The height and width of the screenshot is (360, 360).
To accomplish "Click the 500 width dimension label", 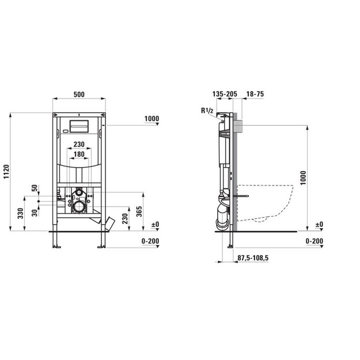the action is pos(79,94).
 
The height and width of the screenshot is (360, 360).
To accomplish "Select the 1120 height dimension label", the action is pos(6,172).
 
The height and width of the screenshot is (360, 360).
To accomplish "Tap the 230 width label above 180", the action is pos(79,145).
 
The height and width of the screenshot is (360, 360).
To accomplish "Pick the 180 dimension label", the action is pos(79,154).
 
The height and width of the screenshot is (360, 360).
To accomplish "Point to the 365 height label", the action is pos(139,211).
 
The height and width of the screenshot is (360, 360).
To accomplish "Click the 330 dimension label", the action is pos(21,213).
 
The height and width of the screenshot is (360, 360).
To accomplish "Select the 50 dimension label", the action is pos(35,188).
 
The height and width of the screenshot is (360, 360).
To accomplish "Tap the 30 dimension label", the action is pos(35,213).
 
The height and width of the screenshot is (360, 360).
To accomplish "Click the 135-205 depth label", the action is pos(225,94).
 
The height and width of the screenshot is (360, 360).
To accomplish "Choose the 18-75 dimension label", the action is pos(255,94).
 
